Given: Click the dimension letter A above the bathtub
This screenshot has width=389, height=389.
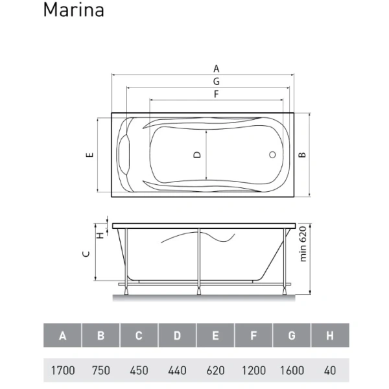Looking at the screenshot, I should point(216,68).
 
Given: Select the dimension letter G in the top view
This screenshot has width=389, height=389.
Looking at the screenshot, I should point(216,81).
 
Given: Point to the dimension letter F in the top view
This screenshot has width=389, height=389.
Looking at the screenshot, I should point(216,94).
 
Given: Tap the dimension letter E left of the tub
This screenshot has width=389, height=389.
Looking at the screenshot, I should point(90,155).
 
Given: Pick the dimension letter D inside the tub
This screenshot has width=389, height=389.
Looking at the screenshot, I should point(197,155).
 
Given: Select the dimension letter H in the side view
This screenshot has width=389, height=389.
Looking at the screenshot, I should point(100,235).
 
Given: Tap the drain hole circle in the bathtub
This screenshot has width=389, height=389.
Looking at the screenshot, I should point(273,156).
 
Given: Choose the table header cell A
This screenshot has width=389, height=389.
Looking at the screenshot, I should point(63,336).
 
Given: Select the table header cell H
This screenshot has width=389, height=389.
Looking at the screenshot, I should point(330,336).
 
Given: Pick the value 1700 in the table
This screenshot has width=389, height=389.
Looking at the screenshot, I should point(63,370).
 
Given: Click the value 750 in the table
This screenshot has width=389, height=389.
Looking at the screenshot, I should point(100,370).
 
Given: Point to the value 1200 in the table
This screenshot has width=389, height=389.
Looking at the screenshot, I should point(253,370).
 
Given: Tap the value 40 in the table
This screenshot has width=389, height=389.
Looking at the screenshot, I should point(330,370).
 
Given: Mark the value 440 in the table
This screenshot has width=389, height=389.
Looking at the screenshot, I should point(177,370).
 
